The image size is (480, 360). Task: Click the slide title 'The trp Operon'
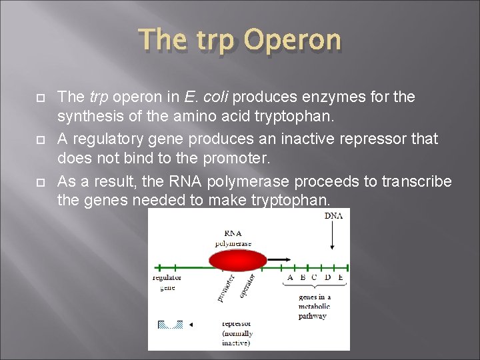coord(240,41)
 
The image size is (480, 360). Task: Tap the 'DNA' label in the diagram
coord(333,216)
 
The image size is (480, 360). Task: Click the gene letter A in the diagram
coord(289,277)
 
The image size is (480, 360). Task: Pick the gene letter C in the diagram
coord(315,277)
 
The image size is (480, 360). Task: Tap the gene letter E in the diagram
coord(340,277)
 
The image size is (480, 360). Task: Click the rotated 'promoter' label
coord(226,287)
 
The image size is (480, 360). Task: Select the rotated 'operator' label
coord(248,285)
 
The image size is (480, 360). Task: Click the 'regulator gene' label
coord(167,282)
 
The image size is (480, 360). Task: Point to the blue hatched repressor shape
coord(170,325)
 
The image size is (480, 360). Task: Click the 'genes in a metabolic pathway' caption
coord(314,306)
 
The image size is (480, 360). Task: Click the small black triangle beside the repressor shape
coord(191,325)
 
